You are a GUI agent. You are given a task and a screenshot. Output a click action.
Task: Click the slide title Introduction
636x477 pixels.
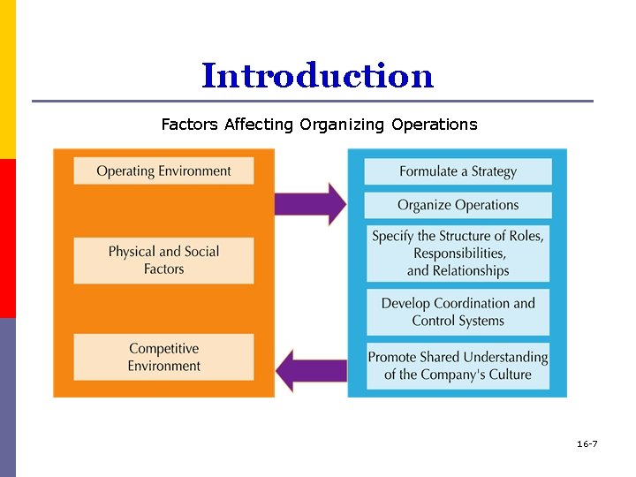[317, 76]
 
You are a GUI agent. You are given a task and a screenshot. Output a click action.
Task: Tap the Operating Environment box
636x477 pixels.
[163, 170]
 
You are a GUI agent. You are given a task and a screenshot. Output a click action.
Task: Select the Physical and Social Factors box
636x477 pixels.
[163, 260]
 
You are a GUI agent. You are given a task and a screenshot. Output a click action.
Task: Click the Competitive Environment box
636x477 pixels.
[163, 357]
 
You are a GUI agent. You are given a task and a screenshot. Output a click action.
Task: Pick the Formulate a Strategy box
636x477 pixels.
[458, 171]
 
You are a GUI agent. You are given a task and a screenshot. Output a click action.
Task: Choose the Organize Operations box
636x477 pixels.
[458, 205]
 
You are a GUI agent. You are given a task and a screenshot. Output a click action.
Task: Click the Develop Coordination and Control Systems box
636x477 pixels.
[458, 312]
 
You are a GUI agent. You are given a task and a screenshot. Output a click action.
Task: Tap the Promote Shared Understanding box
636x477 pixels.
[458, 365]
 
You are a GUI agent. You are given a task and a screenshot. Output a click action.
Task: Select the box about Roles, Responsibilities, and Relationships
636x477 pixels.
[458, 253]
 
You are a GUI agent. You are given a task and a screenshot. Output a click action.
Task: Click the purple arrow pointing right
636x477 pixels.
[309, 204]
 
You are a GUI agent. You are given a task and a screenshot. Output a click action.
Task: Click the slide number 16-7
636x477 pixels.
[587, 443]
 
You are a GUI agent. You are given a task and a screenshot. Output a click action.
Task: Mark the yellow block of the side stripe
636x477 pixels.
[7, 79]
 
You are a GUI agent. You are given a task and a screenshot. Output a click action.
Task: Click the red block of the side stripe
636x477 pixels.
[7, 238]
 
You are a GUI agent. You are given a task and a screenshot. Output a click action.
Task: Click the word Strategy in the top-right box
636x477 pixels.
[493, 171]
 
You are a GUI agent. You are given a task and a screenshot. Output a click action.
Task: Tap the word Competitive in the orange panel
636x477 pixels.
[163, 349]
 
